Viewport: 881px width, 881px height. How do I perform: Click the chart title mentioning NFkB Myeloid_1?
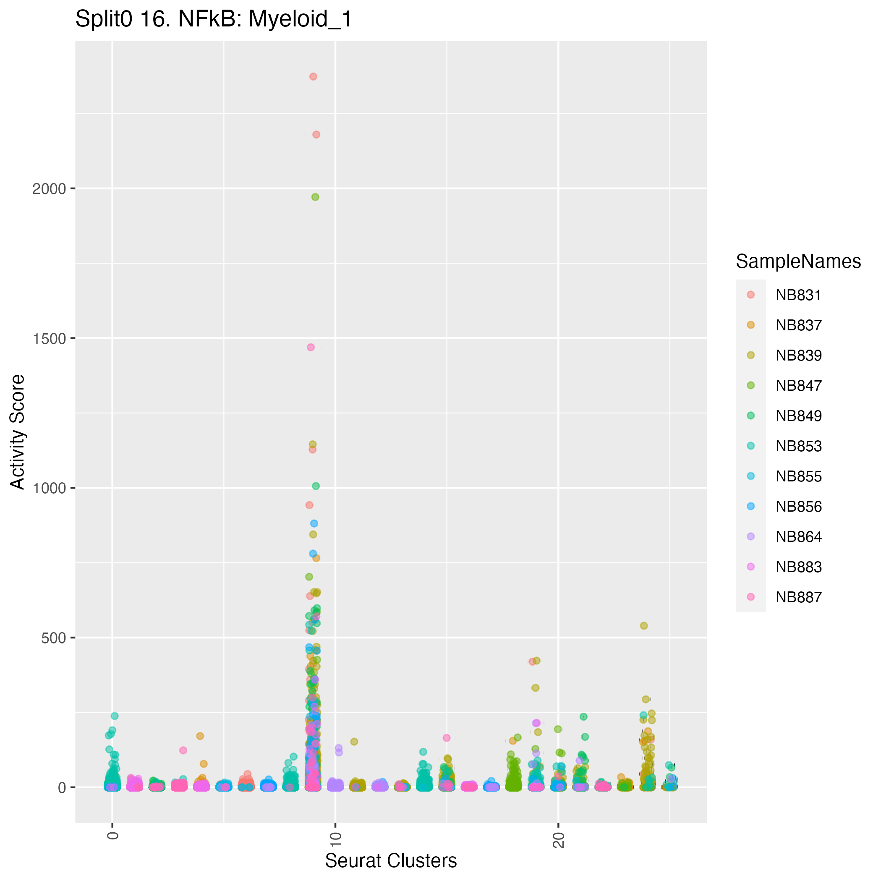pos(213,20)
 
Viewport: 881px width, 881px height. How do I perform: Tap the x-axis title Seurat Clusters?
pos(390,860)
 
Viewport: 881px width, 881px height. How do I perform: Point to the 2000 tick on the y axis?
pos(49,188)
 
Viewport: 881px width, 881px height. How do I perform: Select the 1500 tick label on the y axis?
pos(49,338)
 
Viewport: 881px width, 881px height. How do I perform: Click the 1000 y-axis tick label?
pos(49,488)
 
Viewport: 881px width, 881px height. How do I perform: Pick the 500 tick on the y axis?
pos(53,638)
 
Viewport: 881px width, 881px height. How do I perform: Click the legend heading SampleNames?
pos(798,261)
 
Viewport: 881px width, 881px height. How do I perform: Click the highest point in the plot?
pos(313,77)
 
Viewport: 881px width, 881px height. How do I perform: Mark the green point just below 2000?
pos(315,197)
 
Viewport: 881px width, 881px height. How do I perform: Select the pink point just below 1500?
pos(311,347)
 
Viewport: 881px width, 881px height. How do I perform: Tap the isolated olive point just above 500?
pos(644,626)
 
